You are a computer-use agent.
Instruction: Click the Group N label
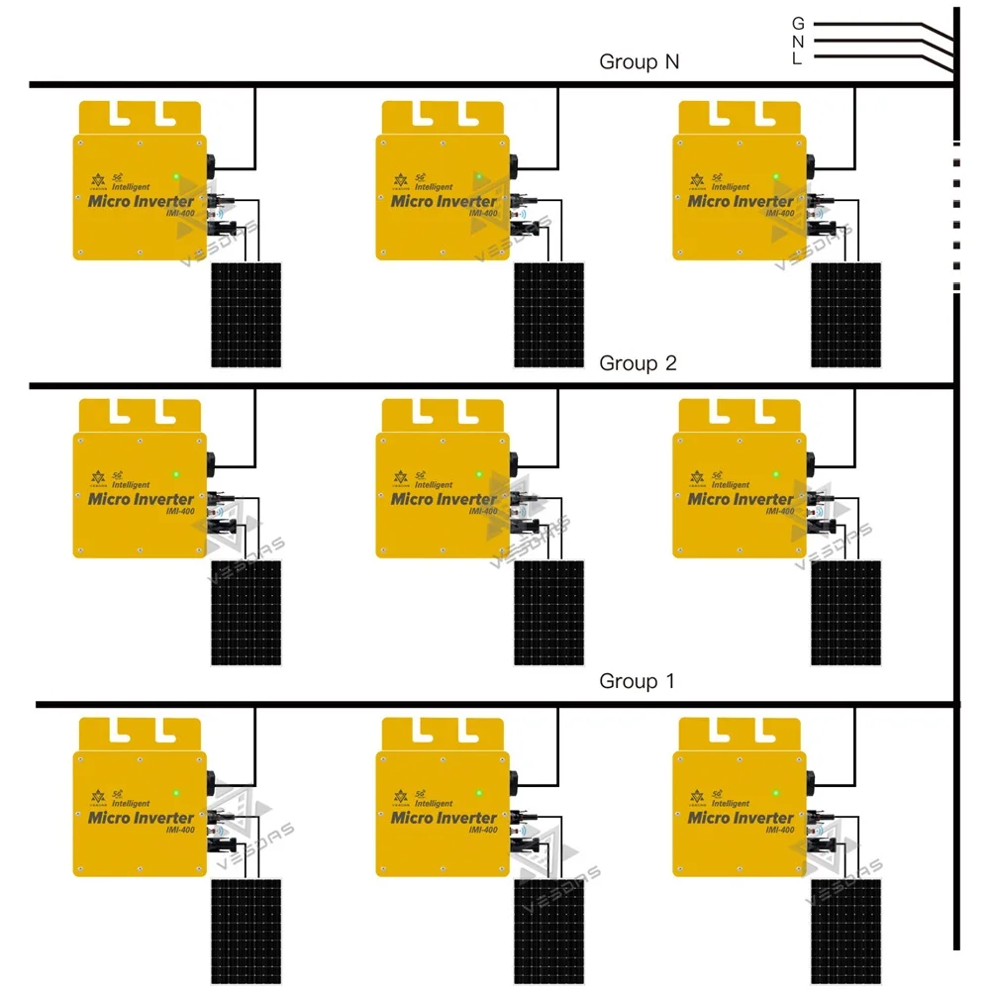coord(639,62)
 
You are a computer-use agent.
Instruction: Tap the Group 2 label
coord(638,363)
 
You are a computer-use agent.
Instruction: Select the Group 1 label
coord(638,681)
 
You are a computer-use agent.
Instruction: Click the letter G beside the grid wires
coord(798,23)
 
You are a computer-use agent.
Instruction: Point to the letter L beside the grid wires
coord(797,58)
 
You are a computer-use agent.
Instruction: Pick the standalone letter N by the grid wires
coord(798,41)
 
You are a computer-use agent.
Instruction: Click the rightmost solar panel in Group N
coord(846,315)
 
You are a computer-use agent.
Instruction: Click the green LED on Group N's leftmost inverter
coord(176,178)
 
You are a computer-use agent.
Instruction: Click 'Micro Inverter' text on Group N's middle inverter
coord(444,201)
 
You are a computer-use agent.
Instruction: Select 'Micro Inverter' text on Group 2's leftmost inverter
coord(142,498)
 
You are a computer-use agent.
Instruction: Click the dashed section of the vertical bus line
coord(955,218)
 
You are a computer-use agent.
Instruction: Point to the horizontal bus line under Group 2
coord(495,384)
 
